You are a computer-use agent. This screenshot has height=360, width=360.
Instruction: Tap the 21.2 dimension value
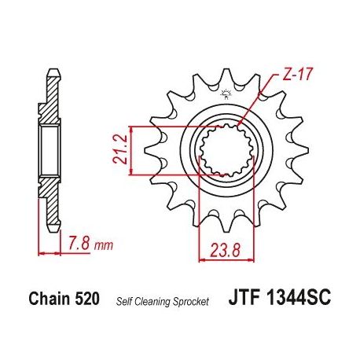click(120, 149)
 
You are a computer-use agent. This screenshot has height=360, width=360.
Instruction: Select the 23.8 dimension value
click(226, 251)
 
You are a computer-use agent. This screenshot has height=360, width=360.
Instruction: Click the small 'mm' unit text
click(105, 246)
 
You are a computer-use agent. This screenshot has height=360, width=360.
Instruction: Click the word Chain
click(50, 299)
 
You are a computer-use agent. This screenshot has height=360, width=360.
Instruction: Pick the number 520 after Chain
click(87, 299)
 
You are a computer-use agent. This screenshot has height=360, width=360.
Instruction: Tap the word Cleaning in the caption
click(152, 302)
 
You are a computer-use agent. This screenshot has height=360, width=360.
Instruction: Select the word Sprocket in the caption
click(190, 302)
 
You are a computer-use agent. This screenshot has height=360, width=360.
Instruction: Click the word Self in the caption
click(124, 301)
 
